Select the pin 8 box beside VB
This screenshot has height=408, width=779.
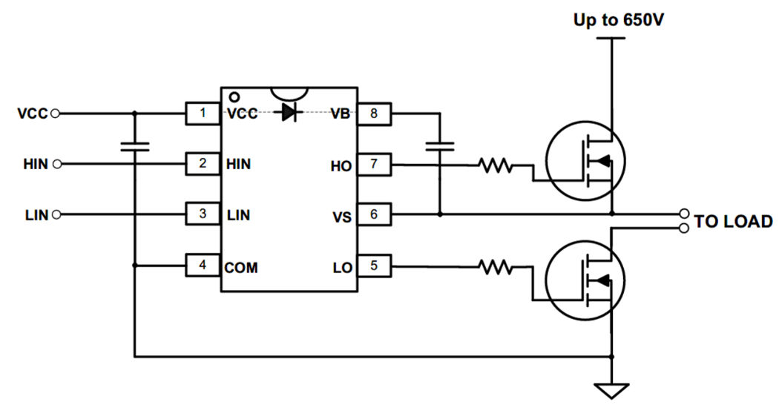click(373, 114)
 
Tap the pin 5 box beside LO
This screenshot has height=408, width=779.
click(373, 266)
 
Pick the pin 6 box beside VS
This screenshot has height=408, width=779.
click(373, 215)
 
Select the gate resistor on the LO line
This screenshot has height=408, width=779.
click(496, 266)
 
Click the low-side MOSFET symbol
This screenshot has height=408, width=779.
click(585, 280)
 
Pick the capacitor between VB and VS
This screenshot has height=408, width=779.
click(440, 146)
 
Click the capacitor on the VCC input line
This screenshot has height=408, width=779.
click(134, 146)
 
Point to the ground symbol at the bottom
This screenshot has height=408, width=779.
click(612, 389)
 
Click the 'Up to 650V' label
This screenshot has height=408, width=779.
click(618, 20)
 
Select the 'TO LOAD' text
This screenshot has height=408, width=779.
click(733, 221)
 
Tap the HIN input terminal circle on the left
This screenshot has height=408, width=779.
click(57, 164)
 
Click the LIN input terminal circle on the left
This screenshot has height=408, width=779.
click(57, 215)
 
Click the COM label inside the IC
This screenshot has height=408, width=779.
click(242, 267)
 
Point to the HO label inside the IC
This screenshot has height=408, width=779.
click(341, 165)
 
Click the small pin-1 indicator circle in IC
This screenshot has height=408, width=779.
click(234, 96)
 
